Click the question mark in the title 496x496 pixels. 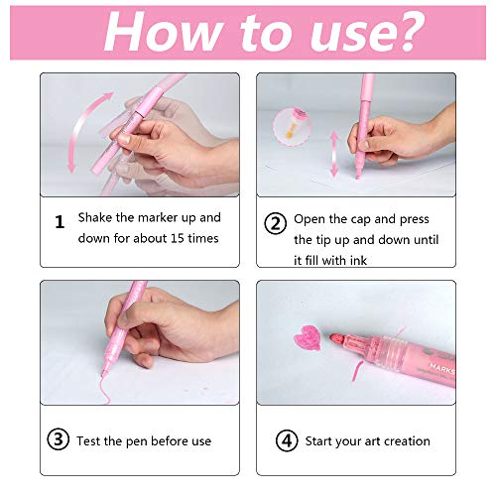[406, 32]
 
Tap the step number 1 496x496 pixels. [60, 222]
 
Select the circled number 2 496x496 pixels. [275, 223]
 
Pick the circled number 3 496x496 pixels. [59, 439]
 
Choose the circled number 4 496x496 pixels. [287, 440]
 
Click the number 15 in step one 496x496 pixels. [178, 238]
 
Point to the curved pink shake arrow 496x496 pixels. [76, 129]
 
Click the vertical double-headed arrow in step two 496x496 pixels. [334, 154]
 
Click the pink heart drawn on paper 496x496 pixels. [308, 337]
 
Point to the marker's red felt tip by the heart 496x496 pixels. [335, 339]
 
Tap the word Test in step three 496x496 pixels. [88, 440]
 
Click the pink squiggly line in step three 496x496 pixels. [105, 390]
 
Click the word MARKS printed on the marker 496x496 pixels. [442, 369]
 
